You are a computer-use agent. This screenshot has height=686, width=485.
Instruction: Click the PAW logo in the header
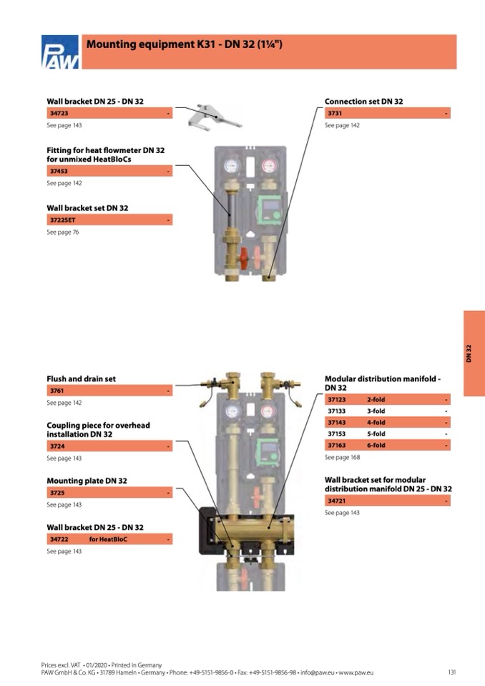61,53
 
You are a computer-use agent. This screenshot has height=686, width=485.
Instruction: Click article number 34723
59,114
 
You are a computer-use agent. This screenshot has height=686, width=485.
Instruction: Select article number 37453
59,172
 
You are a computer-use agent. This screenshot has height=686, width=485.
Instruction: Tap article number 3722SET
63,220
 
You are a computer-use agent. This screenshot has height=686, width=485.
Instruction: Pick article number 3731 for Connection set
335,114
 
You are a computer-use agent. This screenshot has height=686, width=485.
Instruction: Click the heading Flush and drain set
81,379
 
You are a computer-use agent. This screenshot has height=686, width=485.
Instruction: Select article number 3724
57,446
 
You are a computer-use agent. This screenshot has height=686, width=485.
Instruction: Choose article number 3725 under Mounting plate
57,493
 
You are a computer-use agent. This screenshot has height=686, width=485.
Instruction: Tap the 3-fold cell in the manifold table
376,411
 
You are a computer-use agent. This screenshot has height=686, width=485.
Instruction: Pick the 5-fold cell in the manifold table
376,434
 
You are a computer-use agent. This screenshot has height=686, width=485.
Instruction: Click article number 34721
336,501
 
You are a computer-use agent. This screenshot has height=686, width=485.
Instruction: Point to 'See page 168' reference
342,457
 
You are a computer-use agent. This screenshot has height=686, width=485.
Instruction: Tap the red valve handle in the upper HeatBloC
245,257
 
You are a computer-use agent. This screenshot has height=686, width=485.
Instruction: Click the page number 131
451,672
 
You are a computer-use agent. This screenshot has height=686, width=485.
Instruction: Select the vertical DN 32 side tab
474,353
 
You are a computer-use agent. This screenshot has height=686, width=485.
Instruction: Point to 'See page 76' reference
63,232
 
